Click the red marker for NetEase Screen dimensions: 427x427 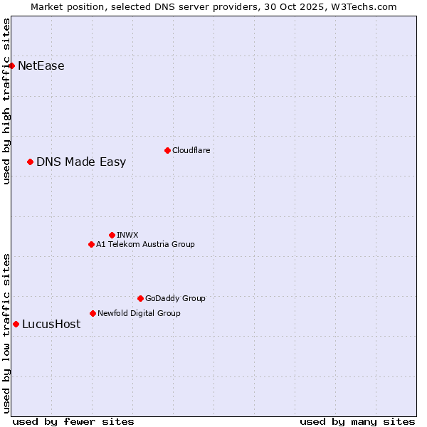click(11, 66)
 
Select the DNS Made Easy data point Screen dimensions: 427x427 click(30, 162)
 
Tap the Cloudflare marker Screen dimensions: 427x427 click(167, 150)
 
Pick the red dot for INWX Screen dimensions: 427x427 click(112, 235)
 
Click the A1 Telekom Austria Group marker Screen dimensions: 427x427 click(91, 245)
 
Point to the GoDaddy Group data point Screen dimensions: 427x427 click(140, 299)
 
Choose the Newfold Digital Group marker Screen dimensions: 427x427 click(93, 313)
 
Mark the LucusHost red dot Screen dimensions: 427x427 click(16, 325)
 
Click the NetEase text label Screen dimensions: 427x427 click(41, 66)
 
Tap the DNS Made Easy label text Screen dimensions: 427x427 click(81, 162)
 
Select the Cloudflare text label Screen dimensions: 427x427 click(191, 150)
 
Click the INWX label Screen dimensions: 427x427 click(127, 235)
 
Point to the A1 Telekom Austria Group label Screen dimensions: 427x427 click(145, 245)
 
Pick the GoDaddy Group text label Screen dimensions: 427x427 click(175, 299)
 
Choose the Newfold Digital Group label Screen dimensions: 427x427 click(139, 313)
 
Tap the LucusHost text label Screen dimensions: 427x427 click(51, 325)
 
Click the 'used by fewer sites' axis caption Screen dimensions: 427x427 click(73, 421)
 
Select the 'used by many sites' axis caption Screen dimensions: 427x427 click(357, 421)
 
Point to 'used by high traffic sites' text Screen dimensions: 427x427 click(6, 101)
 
